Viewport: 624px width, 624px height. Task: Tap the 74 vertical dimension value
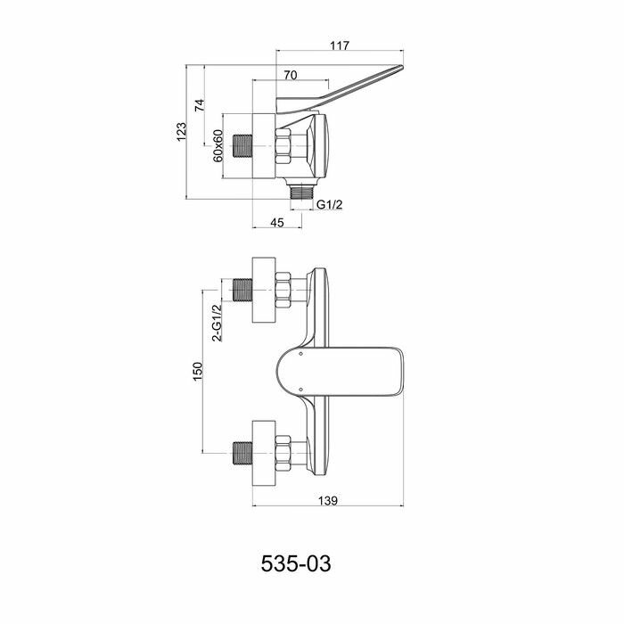[201, 105]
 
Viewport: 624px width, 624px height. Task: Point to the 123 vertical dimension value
[182, 131]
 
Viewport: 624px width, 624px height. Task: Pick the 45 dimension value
[276, 222]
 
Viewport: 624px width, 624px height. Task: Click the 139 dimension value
[328, 502]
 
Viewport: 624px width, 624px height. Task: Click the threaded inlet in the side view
[242, 144]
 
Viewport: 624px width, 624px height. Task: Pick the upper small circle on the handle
[301, 354]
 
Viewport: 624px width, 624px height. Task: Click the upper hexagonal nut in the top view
[284, 290]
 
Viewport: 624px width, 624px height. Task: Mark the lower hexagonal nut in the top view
[284, 450]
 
